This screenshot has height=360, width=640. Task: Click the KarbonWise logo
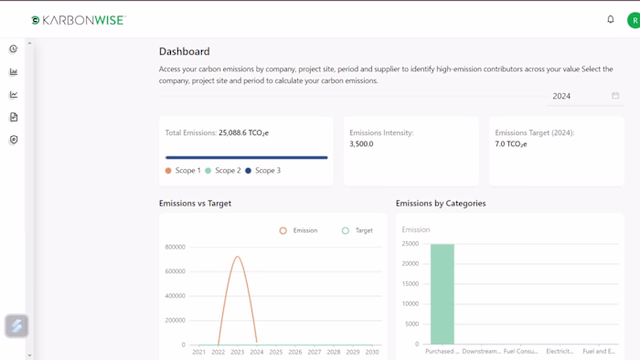pos(78,20)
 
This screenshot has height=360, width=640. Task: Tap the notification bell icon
pos(611,19)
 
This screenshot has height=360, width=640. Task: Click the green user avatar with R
pos(634,20)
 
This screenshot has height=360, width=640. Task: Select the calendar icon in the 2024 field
pos(615,96)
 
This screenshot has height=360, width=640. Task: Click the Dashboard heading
pos(184,51)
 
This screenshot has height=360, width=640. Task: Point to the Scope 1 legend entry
pos(183,171)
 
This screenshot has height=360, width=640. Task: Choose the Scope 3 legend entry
pos(262,171)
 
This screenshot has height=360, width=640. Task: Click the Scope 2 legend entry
pos(223,171)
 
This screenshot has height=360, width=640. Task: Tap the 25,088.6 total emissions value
pos(243,133)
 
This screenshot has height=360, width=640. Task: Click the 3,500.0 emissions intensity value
pos(361,144)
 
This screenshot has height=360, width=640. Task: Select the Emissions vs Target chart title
pos(195,204)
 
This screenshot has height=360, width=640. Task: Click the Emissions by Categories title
pos(441,204)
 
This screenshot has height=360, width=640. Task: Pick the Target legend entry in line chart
pos(357,230)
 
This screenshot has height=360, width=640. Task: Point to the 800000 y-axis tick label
pos(175,248)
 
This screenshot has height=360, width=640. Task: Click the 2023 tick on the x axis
pos(237,352)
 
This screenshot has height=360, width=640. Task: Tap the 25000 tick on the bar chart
pos(410,244)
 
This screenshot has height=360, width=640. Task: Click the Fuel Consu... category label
pos(520,351)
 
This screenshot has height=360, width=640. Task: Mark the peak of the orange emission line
pos(238,257)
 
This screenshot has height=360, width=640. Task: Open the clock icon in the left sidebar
pos(14,49)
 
